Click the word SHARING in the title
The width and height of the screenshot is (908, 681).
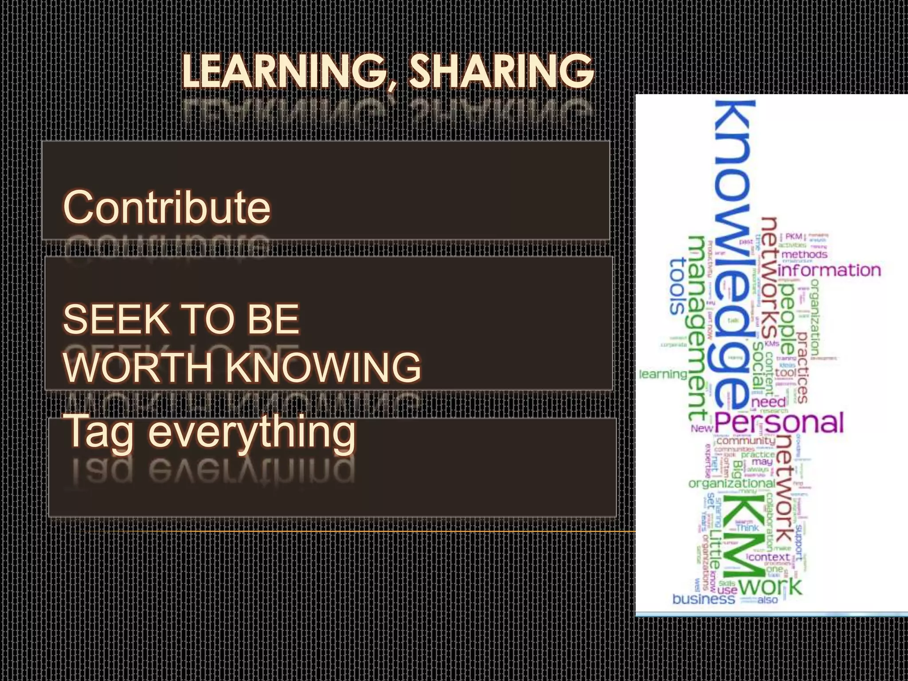tap(501, 72)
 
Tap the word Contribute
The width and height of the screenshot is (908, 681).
tap(167, 207)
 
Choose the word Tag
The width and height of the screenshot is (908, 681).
tap(100, 432)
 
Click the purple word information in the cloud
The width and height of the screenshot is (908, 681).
tap(829, 270)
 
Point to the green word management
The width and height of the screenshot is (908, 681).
tap(697, 328)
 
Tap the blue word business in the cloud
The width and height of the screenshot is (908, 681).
tap(704, 599)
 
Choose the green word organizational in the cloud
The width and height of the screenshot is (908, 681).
tap(732, 483)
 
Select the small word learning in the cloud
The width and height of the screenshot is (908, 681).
tap(663, 374)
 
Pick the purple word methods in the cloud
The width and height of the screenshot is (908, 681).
tap(804, 254)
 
